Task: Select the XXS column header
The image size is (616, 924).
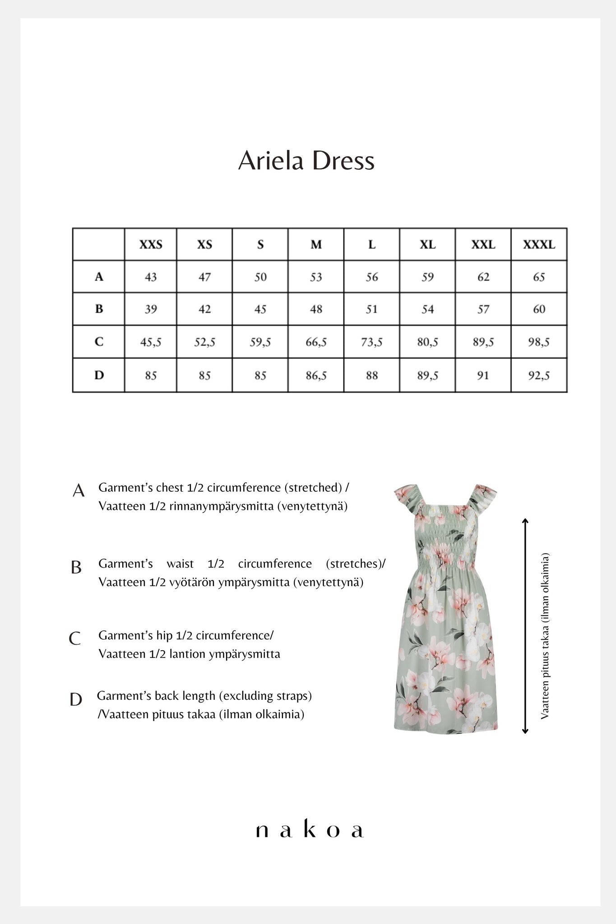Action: (x=151, y=245)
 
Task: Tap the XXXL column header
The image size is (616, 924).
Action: (x=539, y=245)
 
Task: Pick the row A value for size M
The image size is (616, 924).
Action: (x=316, y=277)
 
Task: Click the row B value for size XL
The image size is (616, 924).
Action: (x=427, y=309)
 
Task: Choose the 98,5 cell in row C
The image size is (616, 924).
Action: (x=539, y=342)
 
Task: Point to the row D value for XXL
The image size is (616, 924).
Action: (x=483, y=375)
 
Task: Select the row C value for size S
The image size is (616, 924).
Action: (x=260, y=342)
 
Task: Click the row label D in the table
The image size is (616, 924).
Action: (x=99, y=375)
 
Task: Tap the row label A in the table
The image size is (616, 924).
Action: (x=99, y=277)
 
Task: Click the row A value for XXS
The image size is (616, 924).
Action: (x=151, y=277)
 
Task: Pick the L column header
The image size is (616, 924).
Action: (x=372, y=245)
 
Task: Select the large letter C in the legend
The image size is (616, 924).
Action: (x=75, y=639)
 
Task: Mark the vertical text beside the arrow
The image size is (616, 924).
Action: (x=545, y=636)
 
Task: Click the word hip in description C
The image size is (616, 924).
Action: (x=164, y=635)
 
